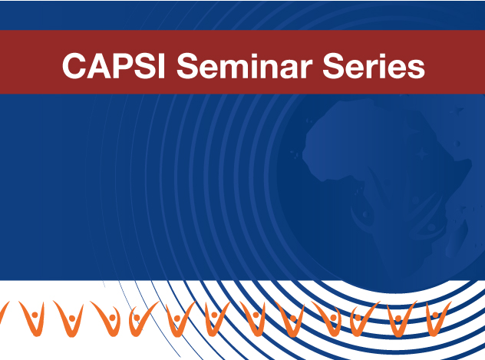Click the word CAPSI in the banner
coord(114,65)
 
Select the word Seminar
coord(245,65)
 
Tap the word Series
coord(374,65)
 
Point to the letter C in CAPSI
coord(74,65)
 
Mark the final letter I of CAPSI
coord(162,65)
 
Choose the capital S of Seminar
coord(186,65)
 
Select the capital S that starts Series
coord(333,65)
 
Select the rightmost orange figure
coord(437,319)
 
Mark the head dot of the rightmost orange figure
coord(435,315)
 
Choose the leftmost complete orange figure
coord(33,319)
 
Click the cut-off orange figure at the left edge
coord(3,312)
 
